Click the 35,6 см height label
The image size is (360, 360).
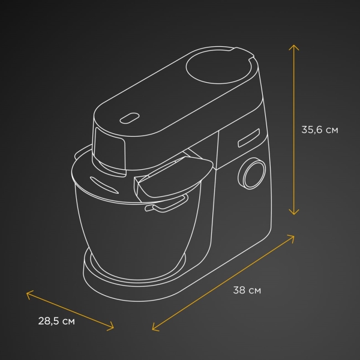click(x=320, y=130)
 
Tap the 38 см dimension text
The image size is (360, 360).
click(x=247, y=290)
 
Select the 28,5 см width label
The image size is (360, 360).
click(x=56, y=321)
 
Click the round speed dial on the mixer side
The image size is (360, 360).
click(x=251, y=173)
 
